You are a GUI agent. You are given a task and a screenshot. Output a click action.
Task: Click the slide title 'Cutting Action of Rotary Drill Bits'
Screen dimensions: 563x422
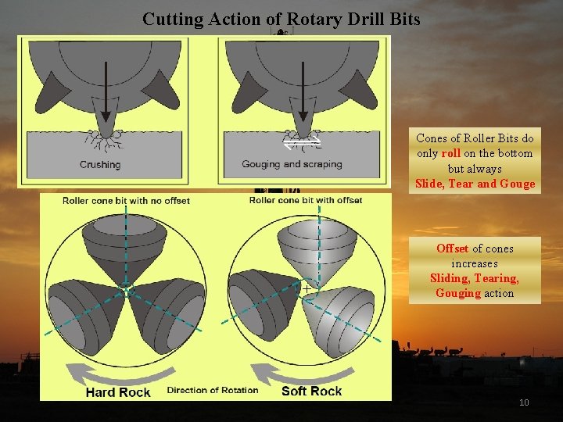(281, 19)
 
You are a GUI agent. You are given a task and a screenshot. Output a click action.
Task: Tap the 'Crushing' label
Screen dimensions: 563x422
(100, 165)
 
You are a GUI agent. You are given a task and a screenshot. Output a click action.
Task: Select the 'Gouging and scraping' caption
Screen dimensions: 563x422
(291, 165)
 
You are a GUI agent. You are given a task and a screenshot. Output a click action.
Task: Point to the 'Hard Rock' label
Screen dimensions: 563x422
(118, 392)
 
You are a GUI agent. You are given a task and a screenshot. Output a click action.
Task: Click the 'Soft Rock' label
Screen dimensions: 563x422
(311, 391)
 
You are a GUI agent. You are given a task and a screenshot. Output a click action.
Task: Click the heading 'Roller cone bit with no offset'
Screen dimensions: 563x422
(127, 201)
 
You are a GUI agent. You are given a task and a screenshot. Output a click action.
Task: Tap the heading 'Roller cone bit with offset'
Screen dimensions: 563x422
(306, 200)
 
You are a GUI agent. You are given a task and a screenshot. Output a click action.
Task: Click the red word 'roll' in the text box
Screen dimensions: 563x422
(450, 153)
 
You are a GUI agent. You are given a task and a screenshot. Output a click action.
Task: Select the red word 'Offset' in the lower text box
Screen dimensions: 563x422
(452, 249)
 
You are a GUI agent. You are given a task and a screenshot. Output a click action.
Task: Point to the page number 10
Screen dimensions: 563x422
(524, 402)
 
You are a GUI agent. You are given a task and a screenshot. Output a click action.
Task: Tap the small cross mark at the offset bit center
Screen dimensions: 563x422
(307, 289)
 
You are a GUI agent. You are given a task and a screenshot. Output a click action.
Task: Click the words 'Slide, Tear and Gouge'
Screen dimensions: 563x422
(475, 184)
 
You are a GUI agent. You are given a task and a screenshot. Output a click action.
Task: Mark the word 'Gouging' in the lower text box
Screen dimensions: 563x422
(458, 293)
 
